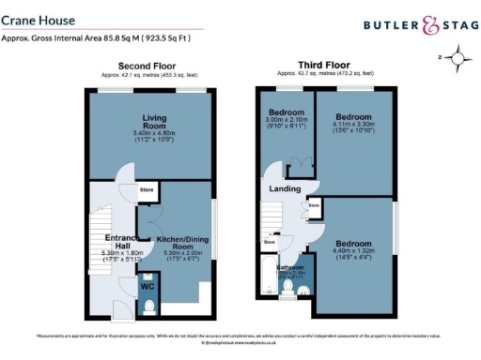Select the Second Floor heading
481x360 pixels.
pyautogui.click(x=152, y=67)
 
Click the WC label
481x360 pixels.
pyautogui.click(x=148, y=287)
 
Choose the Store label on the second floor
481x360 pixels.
pyautogui.click(x=147, y=190)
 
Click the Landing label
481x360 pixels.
pyautogui.click(x=285, y=189)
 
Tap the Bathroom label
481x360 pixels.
pyautogui.click(x=289, y=267)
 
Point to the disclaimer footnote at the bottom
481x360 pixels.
pyautogui.click(x=239, y=337)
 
